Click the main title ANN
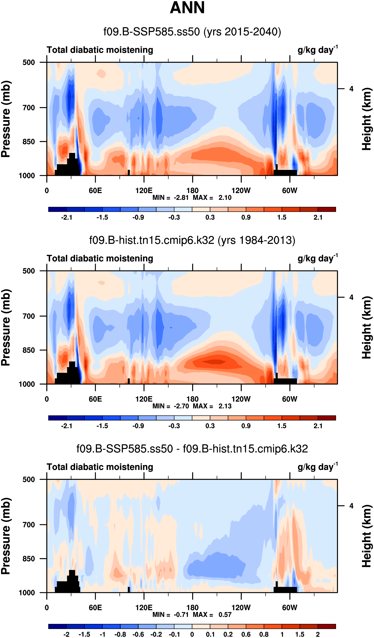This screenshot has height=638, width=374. (x=187, y=8)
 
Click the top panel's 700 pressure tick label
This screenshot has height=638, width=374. (x=29, y=108)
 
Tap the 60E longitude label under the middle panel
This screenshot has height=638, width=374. (x=95, y=399)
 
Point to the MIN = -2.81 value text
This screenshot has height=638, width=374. (x=170, y=198)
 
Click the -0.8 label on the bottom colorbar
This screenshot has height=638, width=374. (x=120, y=634)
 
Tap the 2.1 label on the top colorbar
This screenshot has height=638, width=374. (x=318, y=218)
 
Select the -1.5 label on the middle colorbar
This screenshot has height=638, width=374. (x=102, y=426)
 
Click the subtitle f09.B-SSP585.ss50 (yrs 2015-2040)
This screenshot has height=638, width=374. (x=192, y=32)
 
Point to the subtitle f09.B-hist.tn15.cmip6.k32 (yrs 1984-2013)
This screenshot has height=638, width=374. (x=192, y=240)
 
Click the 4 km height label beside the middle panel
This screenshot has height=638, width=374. (x=351, y=298)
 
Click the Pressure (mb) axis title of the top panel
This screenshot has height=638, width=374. (x=6, y=119)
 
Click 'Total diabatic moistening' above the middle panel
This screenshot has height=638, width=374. (x=100, y=259)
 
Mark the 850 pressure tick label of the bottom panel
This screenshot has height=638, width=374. (x=29, y=559)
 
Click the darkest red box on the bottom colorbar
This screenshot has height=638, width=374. (x=327, y=626)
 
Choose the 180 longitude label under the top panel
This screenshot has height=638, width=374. (x=192, y=191)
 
